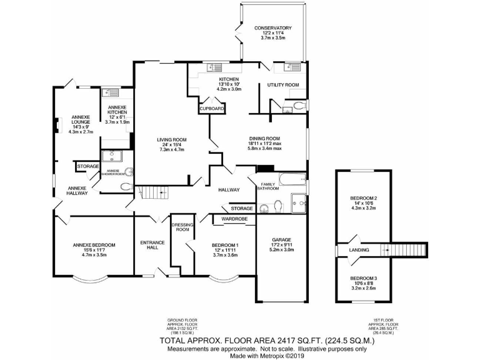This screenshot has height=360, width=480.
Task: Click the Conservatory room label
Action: click(272, 28)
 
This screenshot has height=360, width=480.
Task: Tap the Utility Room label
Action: click(283, 85)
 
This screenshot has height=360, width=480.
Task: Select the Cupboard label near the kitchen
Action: click(211, 109)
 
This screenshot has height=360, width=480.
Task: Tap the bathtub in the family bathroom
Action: click(292, 179)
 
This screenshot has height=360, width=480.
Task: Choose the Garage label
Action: click(281, 240)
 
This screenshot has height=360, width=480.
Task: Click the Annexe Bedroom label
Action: click(94, 245)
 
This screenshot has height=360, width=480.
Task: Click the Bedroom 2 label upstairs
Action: click(363, 200)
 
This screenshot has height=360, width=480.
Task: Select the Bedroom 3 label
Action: click(363, 278)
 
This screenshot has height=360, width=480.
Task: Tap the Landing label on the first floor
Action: click(359, 250)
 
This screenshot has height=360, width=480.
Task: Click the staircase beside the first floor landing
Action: click(406, 250)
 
